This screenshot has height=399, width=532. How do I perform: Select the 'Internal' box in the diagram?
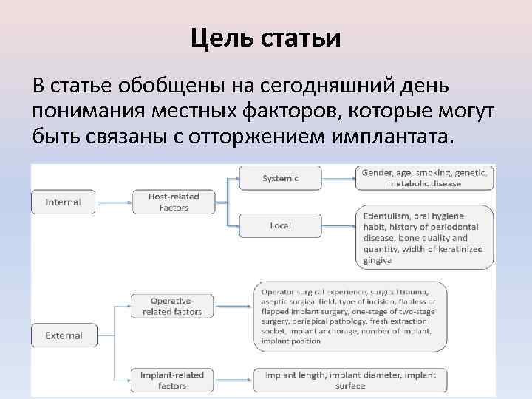tap(64, 202)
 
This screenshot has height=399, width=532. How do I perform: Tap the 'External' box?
tap(64, 335)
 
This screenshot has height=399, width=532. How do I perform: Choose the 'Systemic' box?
tap(280, 177)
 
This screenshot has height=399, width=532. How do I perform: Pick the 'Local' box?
tap(280, 225)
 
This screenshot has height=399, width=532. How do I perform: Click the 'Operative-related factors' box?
tap(171, 306)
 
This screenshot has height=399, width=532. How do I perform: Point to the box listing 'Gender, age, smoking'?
tap(424, 177)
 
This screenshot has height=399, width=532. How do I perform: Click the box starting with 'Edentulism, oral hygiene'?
tap(424, 233)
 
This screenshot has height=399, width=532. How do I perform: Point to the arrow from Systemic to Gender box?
tap(338, 177)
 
